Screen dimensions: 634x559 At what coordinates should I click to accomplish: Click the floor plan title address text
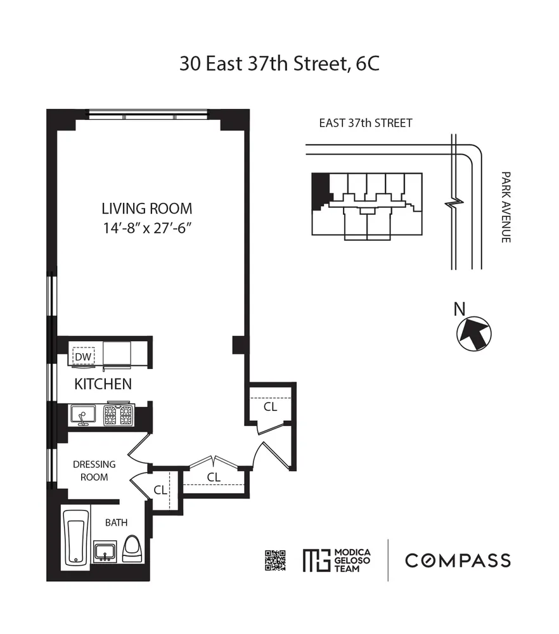click(x=279, y=64)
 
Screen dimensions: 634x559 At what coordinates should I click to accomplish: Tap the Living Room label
click(x=147, y=209)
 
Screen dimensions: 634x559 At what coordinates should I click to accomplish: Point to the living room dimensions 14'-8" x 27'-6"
click(x=147, y=228)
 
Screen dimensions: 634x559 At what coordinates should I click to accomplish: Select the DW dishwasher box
click(x=83, y=357)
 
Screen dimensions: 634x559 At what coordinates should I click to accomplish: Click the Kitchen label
click(x=103, y=384)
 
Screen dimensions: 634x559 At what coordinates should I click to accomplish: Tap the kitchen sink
click(x=82, y=416)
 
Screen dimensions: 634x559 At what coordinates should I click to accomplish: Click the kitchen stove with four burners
click(x=119, y=415)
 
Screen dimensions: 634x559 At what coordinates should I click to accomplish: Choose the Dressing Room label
click(x=94, y=470)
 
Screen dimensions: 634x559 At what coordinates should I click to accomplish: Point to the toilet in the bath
click(x=132, y=548)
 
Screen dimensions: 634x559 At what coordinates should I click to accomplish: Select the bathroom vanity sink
click(x=105, y=550)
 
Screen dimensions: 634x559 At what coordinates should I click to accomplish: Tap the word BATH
click(x=116, y=523)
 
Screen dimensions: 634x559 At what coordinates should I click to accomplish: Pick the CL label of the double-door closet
click(x=214, y=476)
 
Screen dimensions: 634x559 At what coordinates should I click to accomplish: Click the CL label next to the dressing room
click(x=160, y=489)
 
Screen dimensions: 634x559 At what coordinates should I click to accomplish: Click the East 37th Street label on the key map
click(x=366, y=123)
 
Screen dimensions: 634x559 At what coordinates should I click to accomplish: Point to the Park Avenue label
click(x=505, y=207)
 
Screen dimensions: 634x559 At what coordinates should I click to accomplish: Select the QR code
click(x=276, y=561)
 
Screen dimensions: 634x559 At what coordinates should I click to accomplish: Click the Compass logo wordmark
click(x=458, y=560)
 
